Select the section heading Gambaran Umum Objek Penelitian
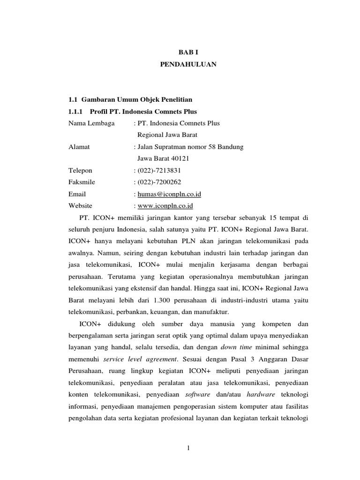point(134,100)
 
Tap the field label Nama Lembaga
point(90,123)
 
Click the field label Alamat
point(79,147)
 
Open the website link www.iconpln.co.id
point(165,205)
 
